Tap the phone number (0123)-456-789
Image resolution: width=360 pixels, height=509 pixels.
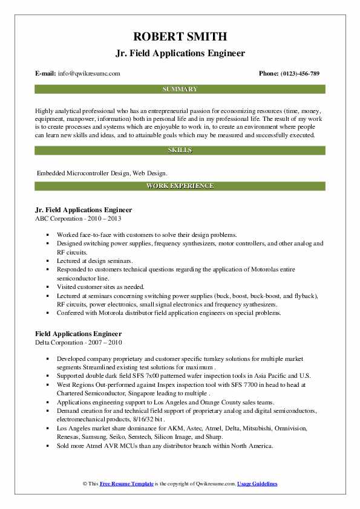[x=298, y=74]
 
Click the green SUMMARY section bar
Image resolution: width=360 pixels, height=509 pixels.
[x=180, y=89]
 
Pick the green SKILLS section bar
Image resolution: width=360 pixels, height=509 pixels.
[x=180, y=149]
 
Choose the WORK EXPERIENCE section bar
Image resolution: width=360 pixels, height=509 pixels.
[x=180, y=186]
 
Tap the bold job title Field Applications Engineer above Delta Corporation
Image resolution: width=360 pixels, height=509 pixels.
[x=79, y=334]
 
